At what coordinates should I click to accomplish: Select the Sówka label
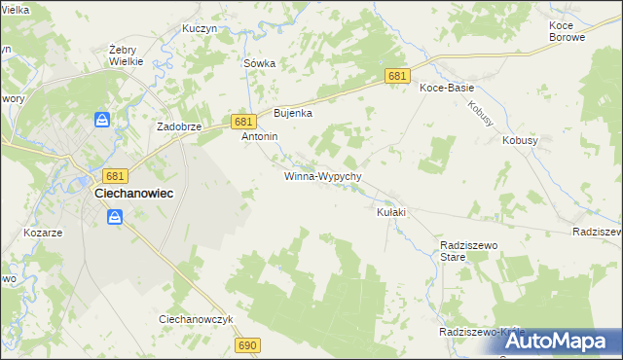[x=259, y=63]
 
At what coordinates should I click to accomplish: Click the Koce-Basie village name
[x=447, y=88]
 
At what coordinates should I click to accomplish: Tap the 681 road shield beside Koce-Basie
[x=396, y=76]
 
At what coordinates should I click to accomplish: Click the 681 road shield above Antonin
[x=244, y=121]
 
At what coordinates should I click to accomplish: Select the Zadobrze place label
[x=179, y=127]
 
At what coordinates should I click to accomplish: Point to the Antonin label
[x=260, y=137]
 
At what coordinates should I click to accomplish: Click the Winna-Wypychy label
[x=323, y=177]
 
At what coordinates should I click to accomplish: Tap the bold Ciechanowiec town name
[x=133, y=194]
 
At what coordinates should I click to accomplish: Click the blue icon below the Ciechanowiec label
[x=115, y=218]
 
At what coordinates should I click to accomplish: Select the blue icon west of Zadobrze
[x=102, y=120]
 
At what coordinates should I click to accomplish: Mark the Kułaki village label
[x=390, y=212]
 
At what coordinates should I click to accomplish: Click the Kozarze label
[x=43, y=234]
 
